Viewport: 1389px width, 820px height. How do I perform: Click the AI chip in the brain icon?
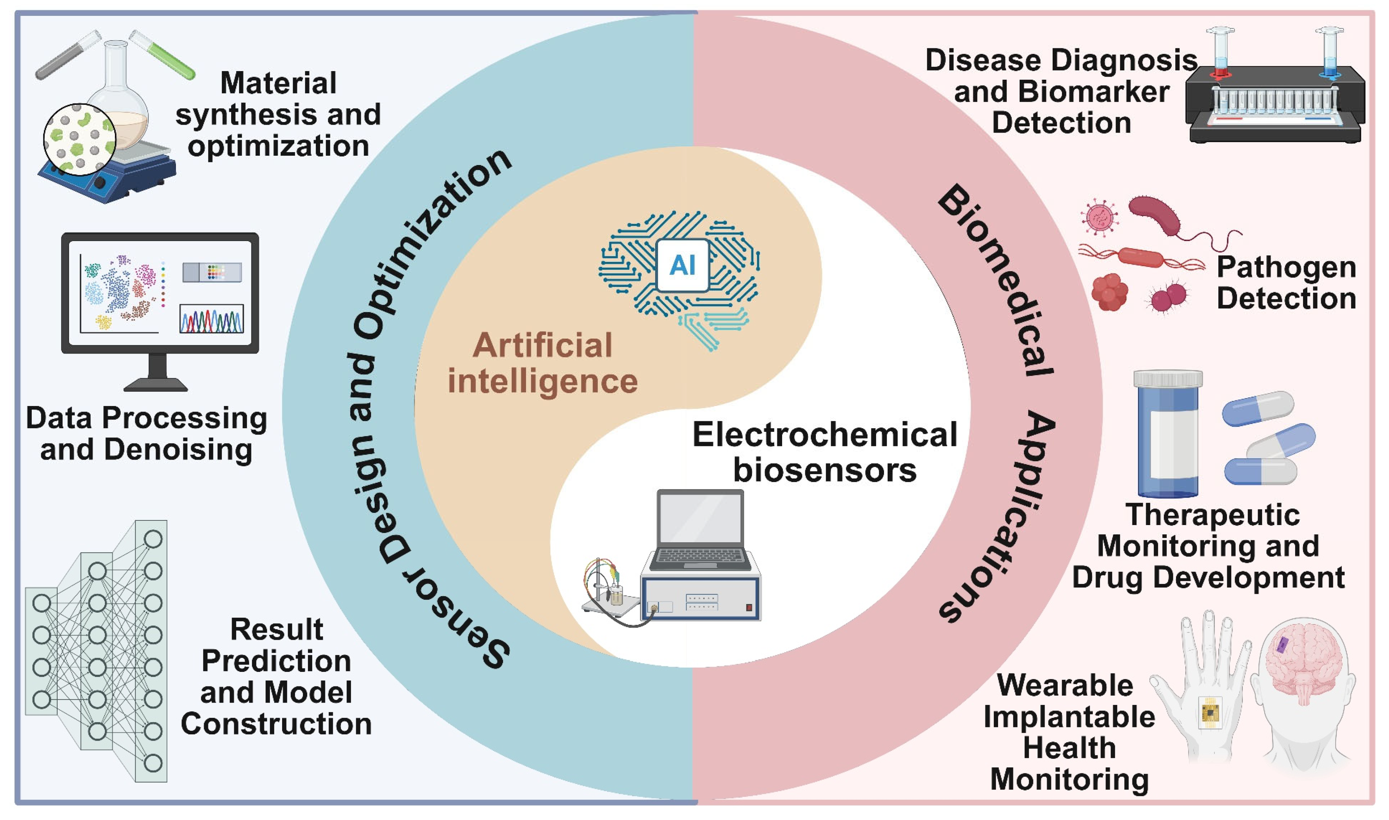click(x=682, y=265)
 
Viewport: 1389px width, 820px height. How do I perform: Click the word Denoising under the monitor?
click(x=178, y=449)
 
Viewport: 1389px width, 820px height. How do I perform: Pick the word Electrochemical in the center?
click(x=824, y=434)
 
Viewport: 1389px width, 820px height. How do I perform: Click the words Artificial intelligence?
click(x=543, y=363)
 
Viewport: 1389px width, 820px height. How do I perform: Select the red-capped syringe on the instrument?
click(x=1220, y=55)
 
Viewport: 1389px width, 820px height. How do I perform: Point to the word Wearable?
click(x=1065, y=686)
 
